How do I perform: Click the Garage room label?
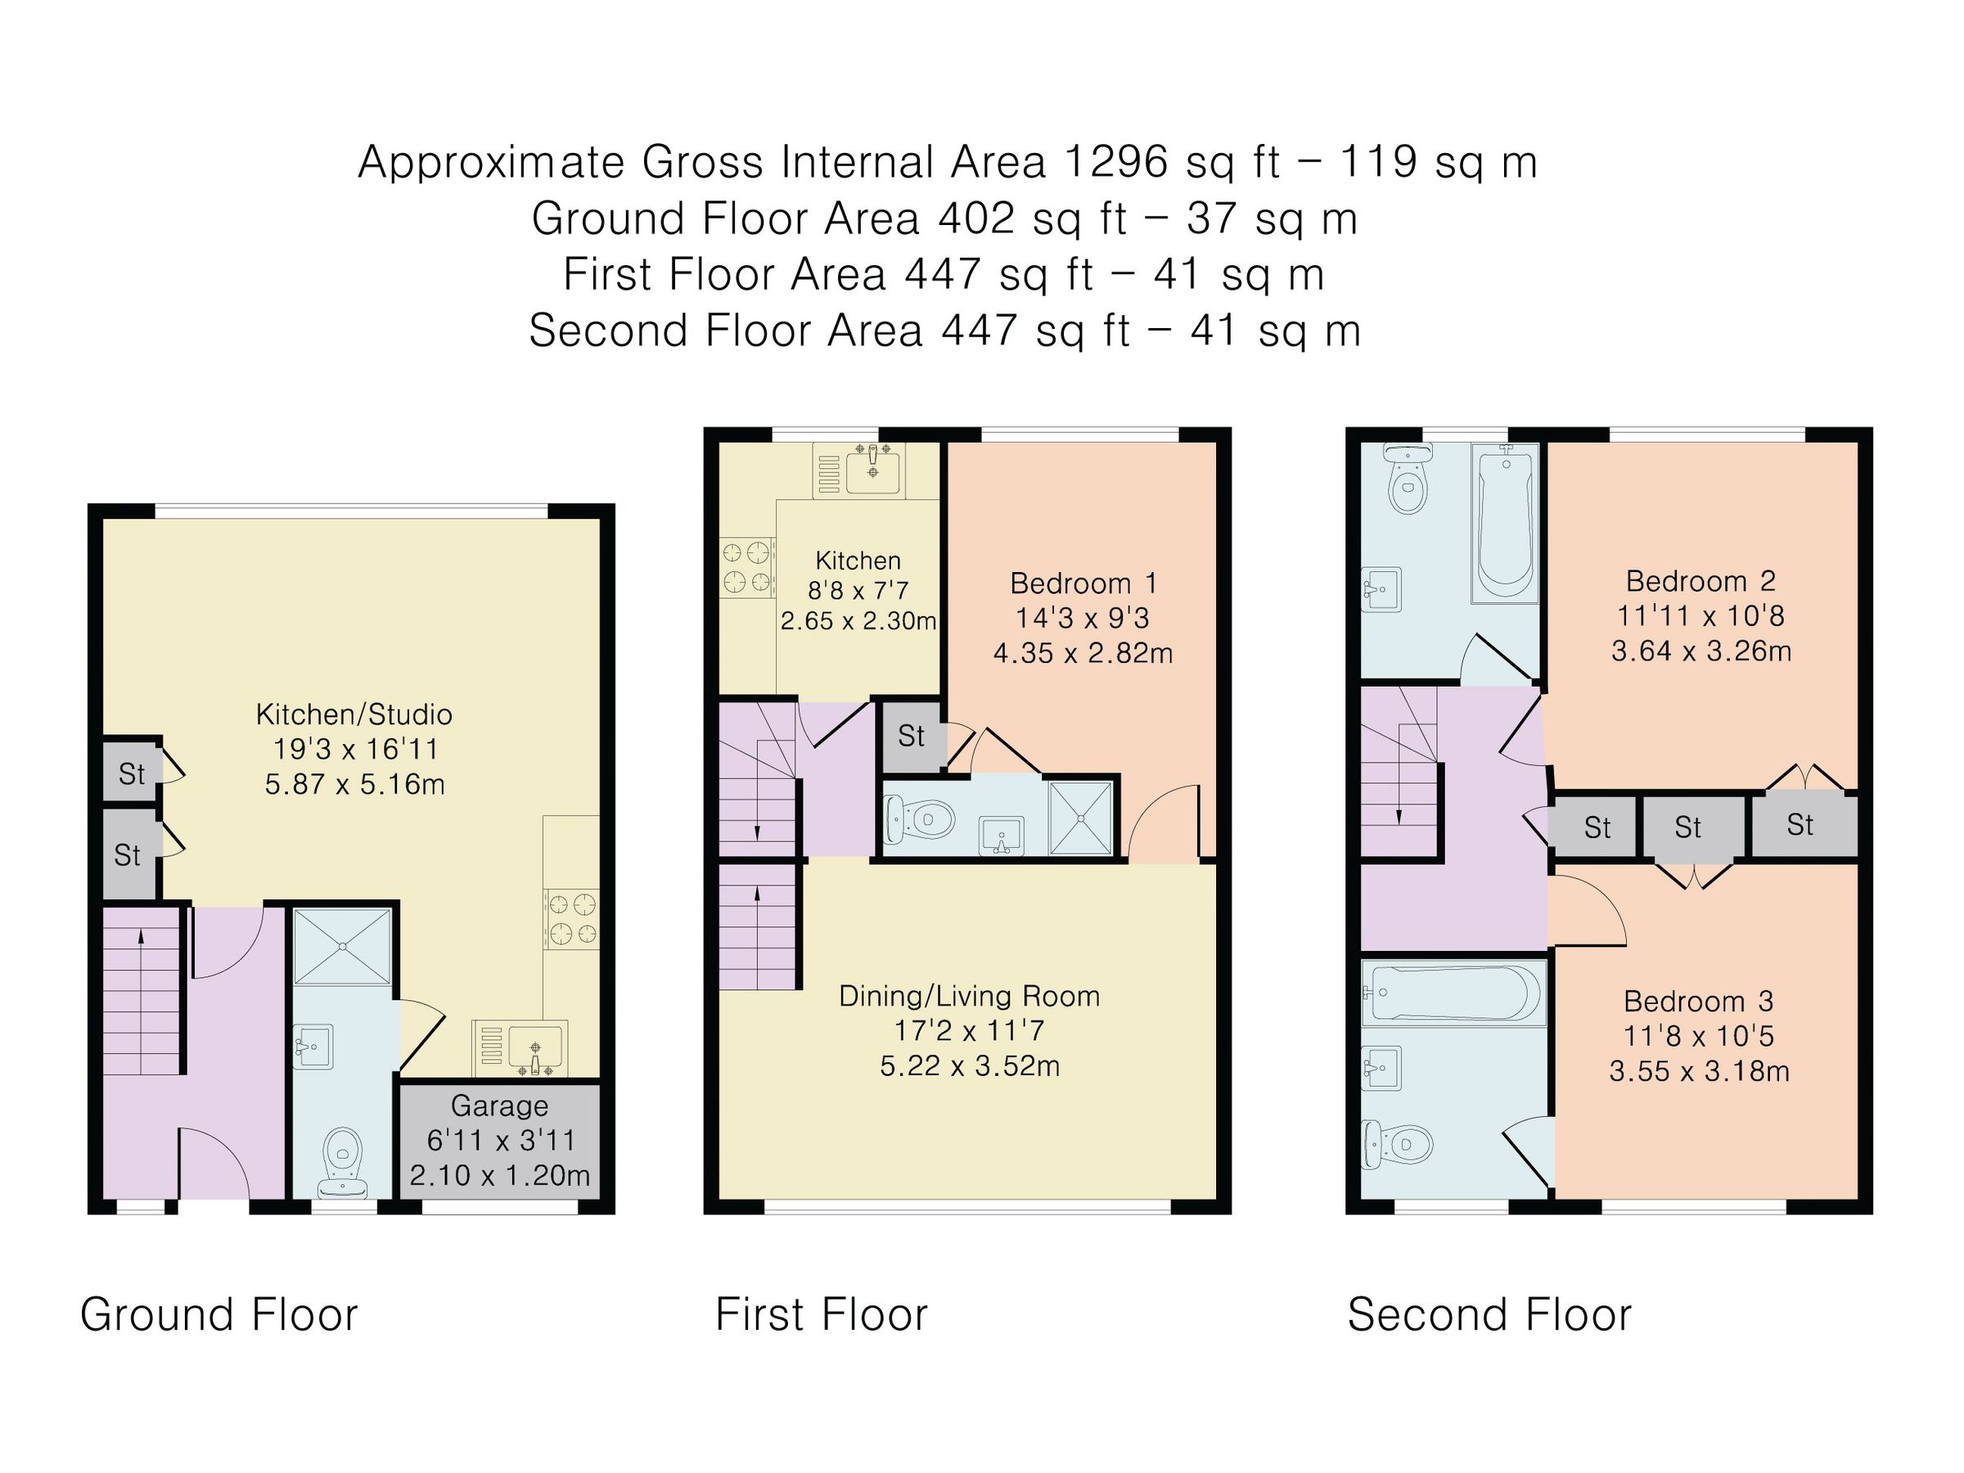[x=499, y=1106]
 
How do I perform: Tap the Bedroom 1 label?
[x=1083, y=583]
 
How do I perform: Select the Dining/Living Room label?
[x=970, y=996]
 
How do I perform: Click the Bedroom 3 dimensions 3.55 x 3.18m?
[x=1699, y=1070]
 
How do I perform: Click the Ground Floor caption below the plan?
[x=218, y=1314]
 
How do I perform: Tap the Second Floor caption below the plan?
[x=1489, y=1314]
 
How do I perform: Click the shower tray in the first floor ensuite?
[x=1080, y=818]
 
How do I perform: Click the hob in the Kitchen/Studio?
[x=572, y=919]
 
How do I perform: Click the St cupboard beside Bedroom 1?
[x=911, y=736]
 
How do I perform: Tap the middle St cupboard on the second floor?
[x=1687, y=827]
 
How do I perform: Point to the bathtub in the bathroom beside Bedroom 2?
[x=1504, y=524]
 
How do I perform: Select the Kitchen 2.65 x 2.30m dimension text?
[x=858, y=620]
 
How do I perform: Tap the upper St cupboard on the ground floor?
[x=132, y=774]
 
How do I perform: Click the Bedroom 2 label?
[x=1700, y=582]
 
